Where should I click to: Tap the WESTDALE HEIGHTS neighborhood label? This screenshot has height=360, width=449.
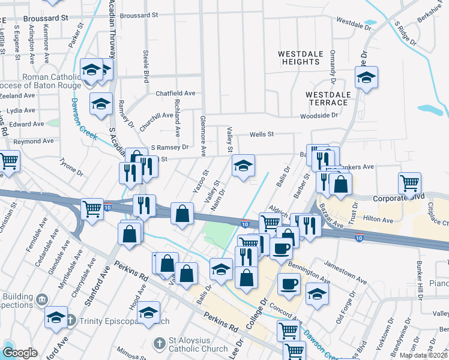point(299,58)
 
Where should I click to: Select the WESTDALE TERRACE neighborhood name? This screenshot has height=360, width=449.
point(328,99)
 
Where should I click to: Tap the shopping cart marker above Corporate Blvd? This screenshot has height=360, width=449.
point(409,184)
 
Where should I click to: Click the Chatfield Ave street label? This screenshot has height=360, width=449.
point(175,94)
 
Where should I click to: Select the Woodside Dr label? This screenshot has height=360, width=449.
point(319,115)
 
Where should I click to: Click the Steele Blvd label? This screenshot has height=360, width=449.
point(146,62)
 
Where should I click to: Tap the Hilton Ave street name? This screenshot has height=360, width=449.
point(378,220)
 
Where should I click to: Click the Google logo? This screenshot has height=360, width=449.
point(20,352)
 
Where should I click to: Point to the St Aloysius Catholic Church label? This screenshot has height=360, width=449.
point(185,343)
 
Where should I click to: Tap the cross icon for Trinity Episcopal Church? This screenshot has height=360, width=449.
point(71,320)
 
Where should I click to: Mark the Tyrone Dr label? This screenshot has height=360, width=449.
point(71,167)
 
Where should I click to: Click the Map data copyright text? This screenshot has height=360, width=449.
point(423,355)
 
